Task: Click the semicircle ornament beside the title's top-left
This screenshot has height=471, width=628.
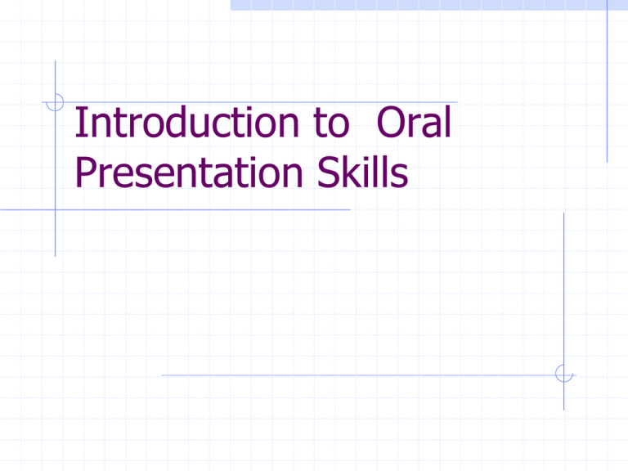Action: click(x=54, y=102)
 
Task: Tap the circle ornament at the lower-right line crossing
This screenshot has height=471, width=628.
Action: click(x=563, y=374)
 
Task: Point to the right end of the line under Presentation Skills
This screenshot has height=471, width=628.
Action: click(x=349, y=209)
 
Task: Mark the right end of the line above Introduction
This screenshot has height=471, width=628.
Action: click(x=456, y=103)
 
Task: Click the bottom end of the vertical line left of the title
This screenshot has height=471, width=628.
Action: click(x=55, y=256)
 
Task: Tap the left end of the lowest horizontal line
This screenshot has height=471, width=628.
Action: click(x=162, y=375)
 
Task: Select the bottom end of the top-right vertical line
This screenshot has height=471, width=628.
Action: click(x=608, y=160)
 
